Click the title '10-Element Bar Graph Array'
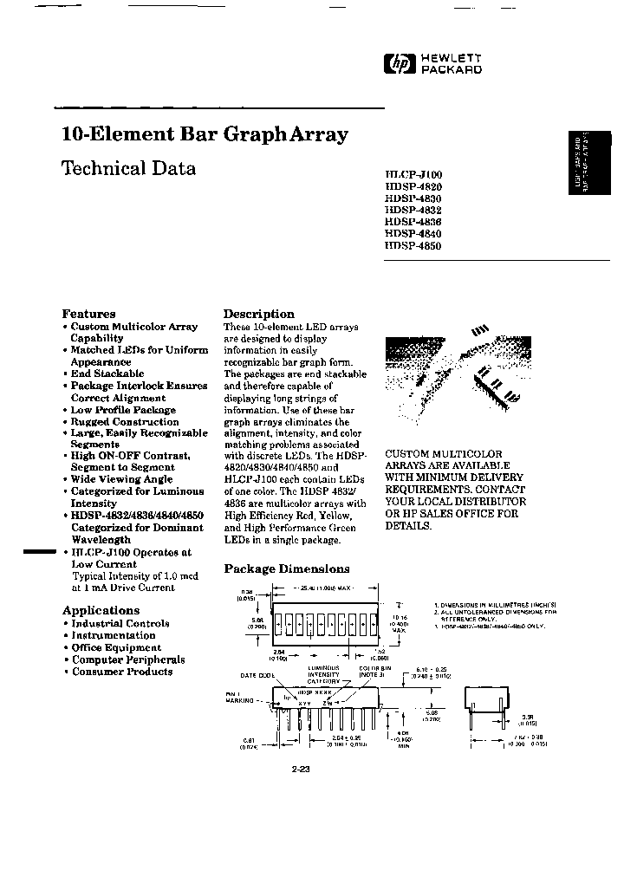point(205,134)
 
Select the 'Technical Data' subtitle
point(128,168)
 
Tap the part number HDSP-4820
point(413,185)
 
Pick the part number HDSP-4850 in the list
point(413,245)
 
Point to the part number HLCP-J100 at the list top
point(413,174)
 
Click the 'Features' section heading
point(88,314)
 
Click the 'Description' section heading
point(258,314)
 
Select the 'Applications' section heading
point(101,610)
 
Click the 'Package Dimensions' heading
point(287,569)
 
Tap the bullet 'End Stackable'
point(107,374)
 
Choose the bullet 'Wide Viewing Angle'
point(122,478)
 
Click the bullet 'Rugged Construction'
point(125,422)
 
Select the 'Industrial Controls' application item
point(120,623)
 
